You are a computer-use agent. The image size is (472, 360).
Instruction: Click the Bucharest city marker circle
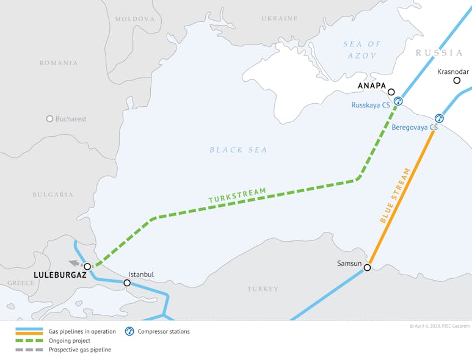click(50, 119)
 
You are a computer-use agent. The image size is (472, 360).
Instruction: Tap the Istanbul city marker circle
click(127, 283)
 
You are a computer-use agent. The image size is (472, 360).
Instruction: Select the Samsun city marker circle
click(367, 267)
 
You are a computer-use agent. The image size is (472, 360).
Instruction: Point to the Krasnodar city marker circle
click(457, 80)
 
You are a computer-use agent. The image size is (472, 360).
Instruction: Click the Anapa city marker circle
click(391, 92)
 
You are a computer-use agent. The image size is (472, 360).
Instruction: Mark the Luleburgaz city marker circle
click(87, 267)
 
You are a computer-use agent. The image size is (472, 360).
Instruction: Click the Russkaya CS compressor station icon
click(398, 101)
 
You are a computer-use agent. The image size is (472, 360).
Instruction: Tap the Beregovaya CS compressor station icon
click(439, 118)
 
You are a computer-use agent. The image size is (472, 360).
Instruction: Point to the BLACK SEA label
click(238, 150)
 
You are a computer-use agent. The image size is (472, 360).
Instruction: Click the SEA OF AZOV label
click(362, 50)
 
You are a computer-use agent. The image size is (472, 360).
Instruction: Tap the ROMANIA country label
click(59, 63)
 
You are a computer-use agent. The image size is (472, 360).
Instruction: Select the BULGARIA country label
click(53, 195)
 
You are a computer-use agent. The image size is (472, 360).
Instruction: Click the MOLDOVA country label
click(135, 20)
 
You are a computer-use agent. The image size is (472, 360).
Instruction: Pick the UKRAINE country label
click(279, 19)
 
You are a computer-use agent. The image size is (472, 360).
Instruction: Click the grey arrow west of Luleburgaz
click(74, 264)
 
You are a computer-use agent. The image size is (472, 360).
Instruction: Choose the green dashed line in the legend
click(29, 340)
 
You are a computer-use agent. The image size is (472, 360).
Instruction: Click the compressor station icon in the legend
click(129, 331)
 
